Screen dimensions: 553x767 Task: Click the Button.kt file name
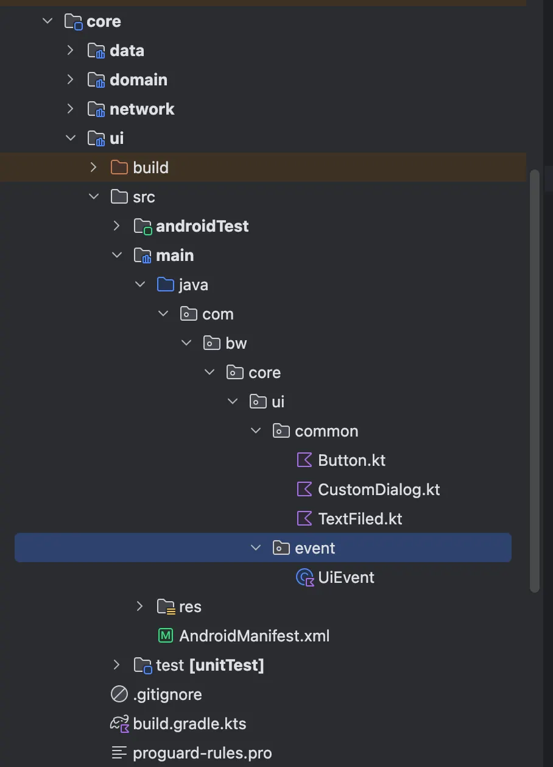[x=351, y=460]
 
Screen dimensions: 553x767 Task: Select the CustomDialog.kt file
[x=379, y=490]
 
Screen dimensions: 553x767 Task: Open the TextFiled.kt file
[x=360, y=519]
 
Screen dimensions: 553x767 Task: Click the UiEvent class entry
[x=346, y=577]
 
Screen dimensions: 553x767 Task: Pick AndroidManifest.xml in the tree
[x=255, y=636]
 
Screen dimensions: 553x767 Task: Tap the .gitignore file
[x=167, y=694]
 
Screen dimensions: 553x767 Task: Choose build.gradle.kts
[x=189, y=724]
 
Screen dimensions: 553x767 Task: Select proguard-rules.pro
[x=202, y=754]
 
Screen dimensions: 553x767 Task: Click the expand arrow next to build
[x=93, y=168]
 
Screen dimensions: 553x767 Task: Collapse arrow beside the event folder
[x=256, y=548]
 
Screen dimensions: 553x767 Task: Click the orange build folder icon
[x=119, y=168]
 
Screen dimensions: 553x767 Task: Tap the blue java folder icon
[x=166, y=284]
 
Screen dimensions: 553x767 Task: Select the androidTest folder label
[x=202, y=226]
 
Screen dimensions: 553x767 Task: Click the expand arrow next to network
[x=70, y=109]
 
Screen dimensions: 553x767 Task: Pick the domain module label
[x=138, y=80]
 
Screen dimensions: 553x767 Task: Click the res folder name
[x=190, y=607]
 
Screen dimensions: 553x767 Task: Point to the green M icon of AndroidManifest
[x=166, y=636]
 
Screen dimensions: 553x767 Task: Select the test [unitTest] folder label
[x=210, y=665]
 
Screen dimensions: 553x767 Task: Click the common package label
[x=326, y=431]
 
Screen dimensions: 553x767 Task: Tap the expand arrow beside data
[x=70, y=51]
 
